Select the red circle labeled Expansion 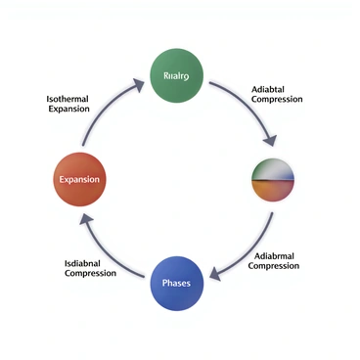pyautogui.click(x=79, y=180)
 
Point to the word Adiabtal pyautogui.click(x=270, y=86)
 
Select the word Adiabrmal pyautogui.click(x=276, y=255)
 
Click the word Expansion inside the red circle pyautogui.click(x=79, y=181)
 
